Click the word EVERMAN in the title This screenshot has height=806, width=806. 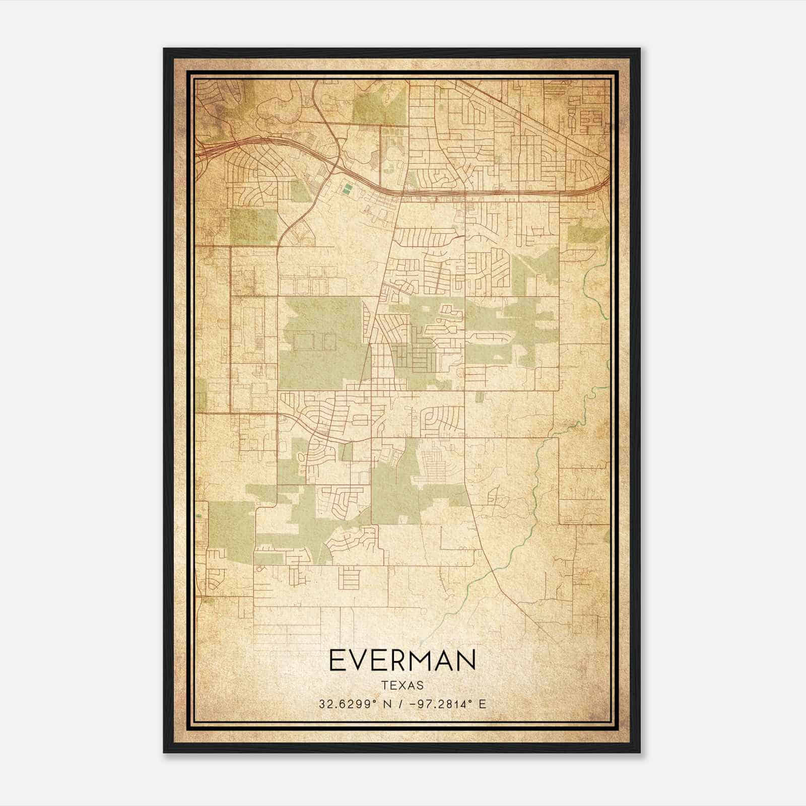402,660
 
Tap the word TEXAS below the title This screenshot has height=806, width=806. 402,686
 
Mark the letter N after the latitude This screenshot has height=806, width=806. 386,704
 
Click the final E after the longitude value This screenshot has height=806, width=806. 482,704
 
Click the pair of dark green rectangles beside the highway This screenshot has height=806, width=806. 346,189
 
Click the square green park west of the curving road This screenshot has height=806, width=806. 253,225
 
